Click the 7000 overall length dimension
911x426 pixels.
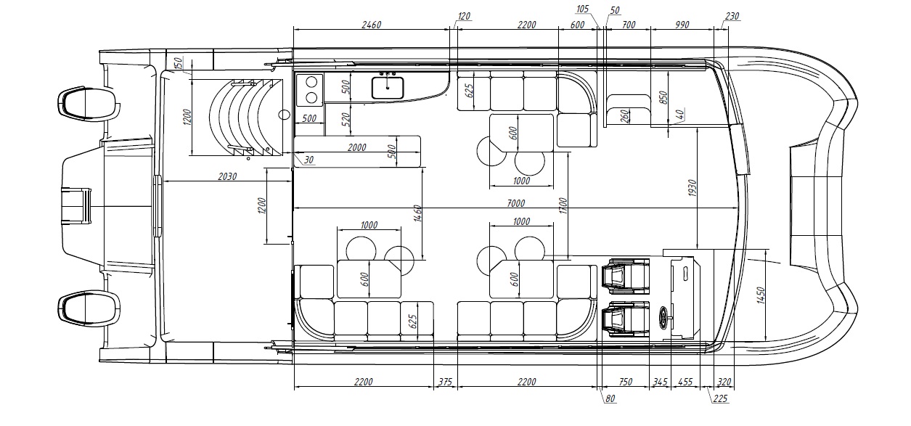coord(515,202)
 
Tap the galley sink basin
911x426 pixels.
coord(388,89)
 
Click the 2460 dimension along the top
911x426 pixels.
coord(372,25)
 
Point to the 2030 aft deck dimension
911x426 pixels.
coord(227,176)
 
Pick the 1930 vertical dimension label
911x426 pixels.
coord(693,188)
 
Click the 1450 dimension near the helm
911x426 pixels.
coord(761,295)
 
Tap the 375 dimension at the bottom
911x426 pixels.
coord(445,382)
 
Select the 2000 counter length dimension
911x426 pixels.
coord(356,147)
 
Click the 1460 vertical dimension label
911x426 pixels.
coord(417,213)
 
